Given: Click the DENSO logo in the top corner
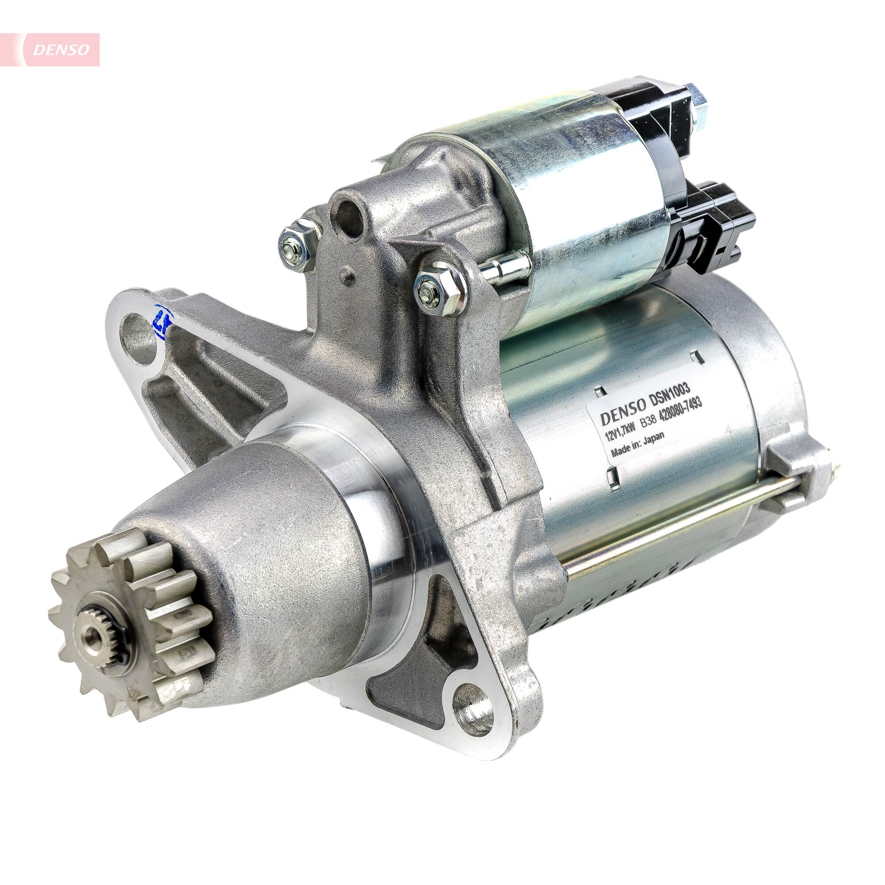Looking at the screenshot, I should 61,50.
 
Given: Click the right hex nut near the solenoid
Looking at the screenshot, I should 439,287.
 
